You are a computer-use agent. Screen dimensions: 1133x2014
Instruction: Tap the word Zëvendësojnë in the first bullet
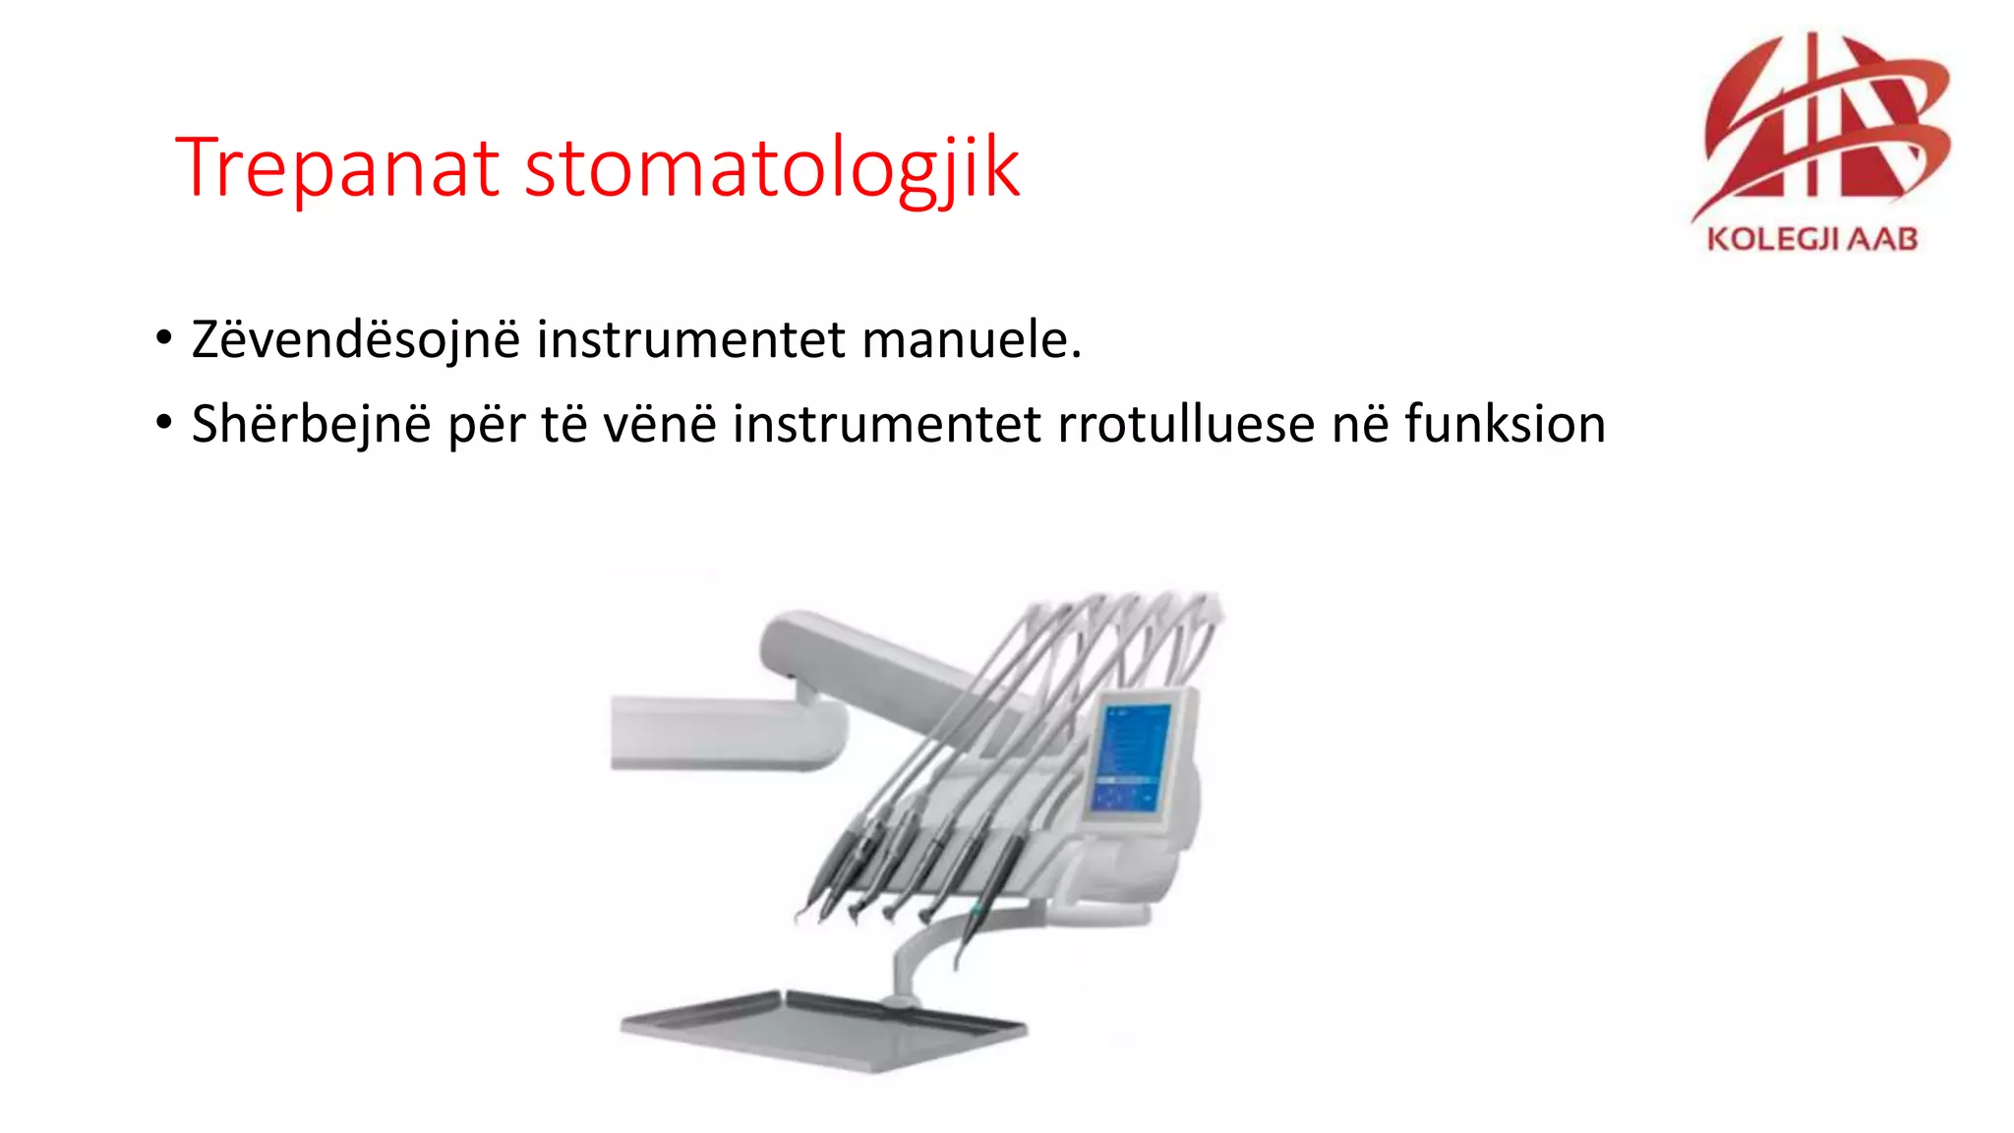coord(355,340)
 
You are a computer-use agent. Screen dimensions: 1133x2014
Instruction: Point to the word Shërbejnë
coord(311,425)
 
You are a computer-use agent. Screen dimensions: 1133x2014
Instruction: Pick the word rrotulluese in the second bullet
coord(1185,425)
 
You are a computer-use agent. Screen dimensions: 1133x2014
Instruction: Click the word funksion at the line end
coord(1505,425)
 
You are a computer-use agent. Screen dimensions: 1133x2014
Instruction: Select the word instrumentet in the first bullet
coord(690,340)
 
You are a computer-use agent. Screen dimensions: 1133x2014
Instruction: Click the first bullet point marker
coord(164,339)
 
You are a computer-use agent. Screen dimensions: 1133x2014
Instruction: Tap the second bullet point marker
coord(164,424)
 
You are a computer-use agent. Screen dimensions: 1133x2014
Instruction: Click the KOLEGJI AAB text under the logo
coord(1811,239)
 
